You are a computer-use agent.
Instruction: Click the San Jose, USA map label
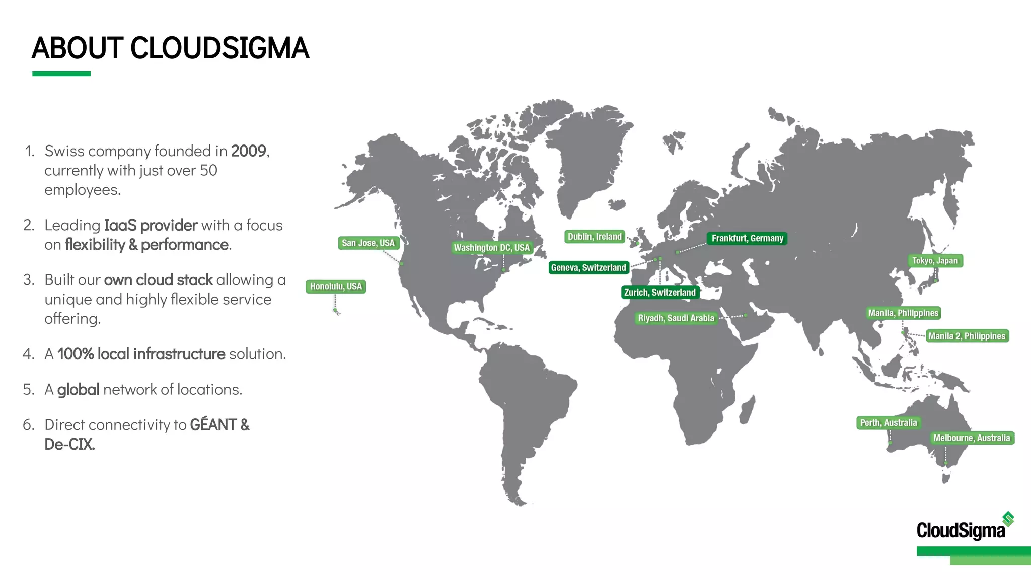368,243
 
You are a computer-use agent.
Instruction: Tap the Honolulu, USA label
336,286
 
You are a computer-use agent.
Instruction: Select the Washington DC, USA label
492,247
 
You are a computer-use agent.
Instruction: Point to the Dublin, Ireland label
595,237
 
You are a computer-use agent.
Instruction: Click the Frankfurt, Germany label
747,238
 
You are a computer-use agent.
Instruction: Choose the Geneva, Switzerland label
588,267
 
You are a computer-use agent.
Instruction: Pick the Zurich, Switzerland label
659,292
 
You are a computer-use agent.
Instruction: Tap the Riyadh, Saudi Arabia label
676,318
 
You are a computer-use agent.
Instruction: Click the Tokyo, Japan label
935,260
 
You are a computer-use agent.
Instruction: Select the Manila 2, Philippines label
967,336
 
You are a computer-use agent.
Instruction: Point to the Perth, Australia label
889,423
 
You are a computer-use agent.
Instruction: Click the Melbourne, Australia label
972,438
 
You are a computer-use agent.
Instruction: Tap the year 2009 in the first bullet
249,151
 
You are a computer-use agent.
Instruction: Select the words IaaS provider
151,225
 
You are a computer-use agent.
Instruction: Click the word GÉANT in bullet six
213,425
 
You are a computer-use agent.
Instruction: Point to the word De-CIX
69,444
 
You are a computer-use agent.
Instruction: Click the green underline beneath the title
61,74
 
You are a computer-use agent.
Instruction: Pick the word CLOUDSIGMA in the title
219,48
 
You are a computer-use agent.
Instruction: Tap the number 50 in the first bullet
208,171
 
